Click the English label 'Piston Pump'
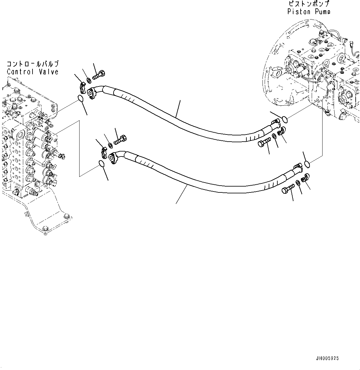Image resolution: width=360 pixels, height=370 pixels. (309, 12)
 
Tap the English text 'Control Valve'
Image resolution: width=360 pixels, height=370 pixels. (33, 72)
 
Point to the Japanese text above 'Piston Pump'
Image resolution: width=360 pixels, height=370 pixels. (309, 4)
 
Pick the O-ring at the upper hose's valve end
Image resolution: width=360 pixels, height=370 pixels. (80, 99)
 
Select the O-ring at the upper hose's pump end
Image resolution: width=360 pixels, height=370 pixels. (285, 118)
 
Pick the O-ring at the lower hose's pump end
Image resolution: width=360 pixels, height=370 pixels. (307, 164)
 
